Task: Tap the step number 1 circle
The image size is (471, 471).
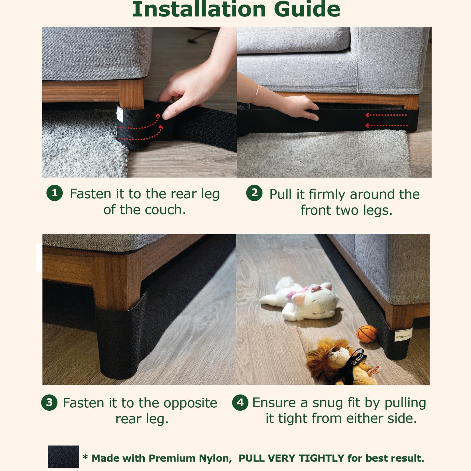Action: click(x=54, y=193)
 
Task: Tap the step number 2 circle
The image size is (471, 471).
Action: click(x=254, y=193)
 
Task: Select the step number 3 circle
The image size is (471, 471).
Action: click(x=49, y=403)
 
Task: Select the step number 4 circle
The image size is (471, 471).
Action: click(x=240, y=403)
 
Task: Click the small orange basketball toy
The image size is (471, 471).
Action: click(x=366, y=334)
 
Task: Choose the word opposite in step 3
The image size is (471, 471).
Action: click(x=190, y=403)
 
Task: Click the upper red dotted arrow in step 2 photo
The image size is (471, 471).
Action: click(x=386, y=115)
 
